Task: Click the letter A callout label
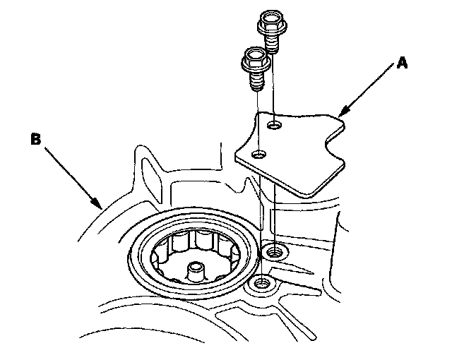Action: click(x=402, y=64)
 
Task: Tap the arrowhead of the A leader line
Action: click(x=341, y=113)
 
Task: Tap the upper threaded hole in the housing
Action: click(x=273, y=250)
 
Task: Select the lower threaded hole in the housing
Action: click(x=261, y=284)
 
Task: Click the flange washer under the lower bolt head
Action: click(x=254, y=68)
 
